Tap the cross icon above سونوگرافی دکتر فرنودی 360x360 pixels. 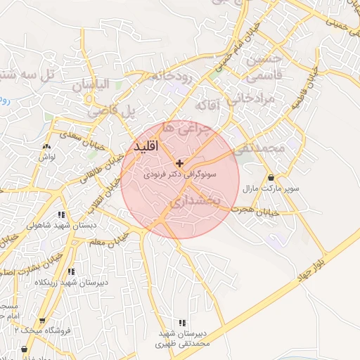pos(180,162)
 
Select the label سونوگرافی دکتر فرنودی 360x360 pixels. pos(180,173)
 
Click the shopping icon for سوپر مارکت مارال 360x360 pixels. pos(271,177)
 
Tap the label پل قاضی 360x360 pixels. pos(111,111)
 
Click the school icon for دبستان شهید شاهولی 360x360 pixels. pos(62,214)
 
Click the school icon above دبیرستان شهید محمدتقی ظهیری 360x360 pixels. pos(182,322)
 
